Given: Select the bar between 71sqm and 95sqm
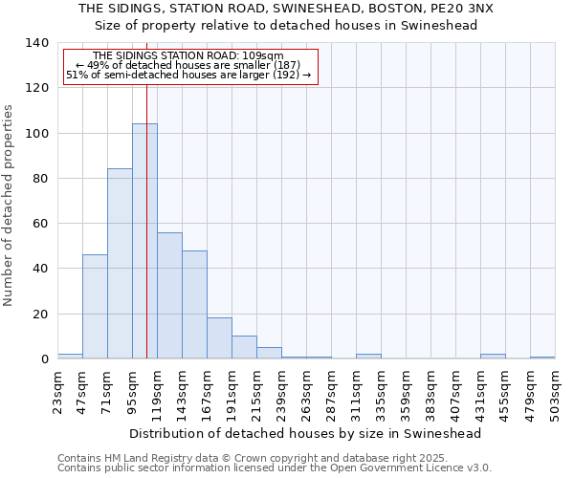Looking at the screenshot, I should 120,264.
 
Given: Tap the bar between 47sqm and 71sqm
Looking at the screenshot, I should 95,307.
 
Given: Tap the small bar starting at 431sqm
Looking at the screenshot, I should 493,357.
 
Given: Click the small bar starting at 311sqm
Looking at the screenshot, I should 368,357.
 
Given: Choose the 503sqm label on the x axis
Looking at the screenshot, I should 556,393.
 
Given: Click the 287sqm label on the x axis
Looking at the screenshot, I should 332,393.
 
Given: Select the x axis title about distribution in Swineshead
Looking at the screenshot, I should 306,433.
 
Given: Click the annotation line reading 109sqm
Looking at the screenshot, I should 188,56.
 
